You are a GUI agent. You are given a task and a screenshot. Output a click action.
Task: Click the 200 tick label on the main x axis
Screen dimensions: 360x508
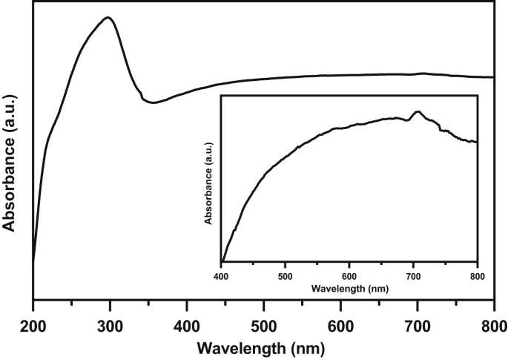(x=33, y=324)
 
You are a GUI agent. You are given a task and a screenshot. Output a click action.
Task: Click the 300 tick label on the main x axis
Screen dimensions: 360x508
(x=110, y=324)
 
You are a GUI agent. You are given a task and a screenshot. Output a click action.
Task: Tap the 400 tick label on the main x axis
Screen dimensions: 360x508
(x=187, y=324)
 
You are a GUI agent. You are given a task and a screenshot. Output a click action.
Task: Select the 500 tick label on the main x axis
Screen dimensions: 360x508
(x=263, y=324)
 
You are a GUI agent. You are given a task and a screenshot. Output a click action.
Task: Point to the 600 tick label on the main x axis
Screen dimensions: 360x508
(x=340, y=324)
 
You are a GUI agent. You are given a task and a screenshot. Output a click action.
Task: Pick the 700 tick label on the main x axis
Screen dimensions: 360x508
(x=417, y=324)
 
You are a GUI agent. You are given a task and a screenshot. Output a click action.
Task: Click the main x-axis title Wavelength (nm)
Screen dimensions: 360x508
(x=263, y=347)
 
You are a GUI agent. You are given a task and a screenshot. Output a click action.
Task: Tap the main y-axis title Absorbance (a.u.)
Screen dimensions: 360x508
(x=10, y=158)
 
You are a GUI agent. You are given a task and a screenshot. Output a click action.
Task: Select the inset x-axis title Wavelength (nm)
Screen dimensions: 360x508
(x=349, y=287)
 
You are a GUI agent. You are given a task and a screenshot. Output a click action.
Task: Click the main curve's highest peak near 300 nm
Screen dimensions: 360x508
(x=108, y=18)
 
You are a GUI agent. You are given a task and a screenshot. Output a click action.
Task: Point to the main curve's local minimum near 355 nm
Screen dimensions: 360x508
(x=152, y=102)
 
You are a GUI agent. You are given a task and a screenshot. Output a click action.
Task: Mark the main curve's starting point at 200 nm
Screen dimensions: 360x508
(x=33, y=261)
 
